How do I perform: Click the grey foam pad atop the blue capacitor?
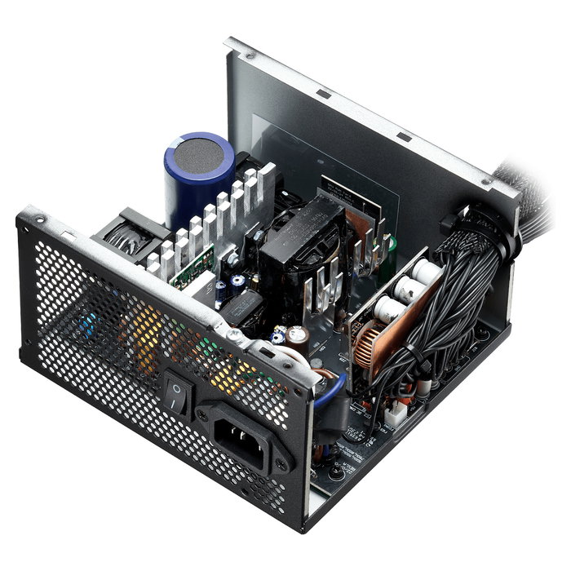[x=199, y=150]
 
